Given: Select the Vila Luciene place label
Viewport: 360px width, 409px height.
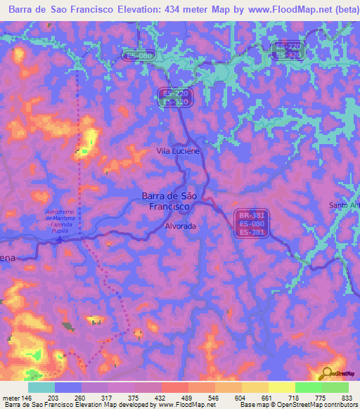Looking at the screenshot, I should [x=178, y=151].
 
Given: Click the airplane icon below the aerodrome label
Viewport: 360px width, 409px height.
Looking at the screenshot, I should [x=59, y=238].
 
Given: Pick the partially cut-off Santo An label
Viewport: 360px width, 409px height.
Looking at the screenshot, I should [x=345, y=205].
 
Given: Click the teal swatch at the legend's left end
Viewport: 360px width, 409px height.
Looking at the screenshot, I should [x=41, y=387].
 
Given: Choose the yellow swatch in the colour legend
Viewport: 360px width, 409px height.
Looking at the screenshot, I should [x=281, y=387].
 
